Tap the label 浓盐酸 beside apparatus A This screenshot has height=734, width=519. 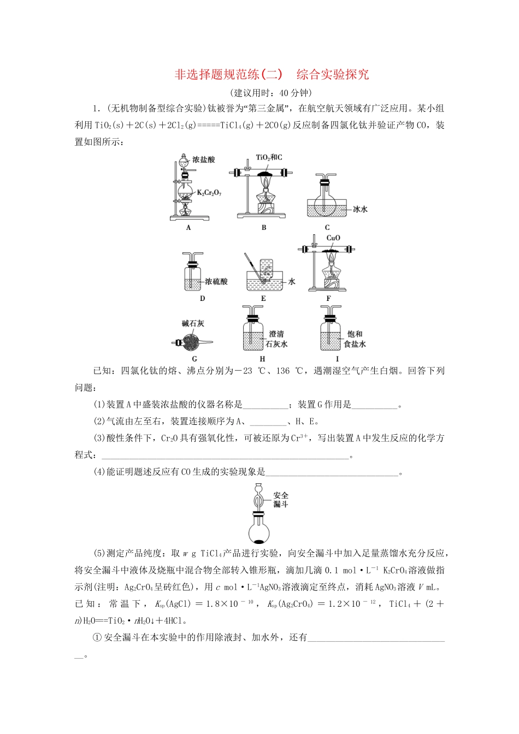[x=204, y=159]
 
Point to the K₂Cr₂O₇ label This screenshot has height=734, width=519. [x=209, y=192]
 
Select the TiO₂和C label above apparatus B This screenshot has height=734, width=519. [x=269, y=157]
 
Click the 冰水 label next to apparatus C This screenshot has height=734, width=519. [x=359, y=209]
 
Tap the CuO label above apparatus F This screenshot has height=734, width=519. [x=333, y=238]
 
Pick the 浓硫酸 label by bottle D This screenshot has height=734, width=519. [x=216, y=282]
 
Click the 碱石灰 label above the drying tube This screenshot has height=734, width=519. [x=193, y=323]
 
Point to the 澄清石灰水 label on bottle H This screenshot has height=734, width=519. [x=276, y=339]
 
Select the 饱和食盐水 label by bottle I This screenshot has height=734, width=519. [x=355, y=339]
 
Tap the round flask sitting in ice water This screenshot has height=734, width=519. [x=327, y=199]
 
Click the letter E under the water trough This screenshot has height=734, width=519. [x=263, y=299]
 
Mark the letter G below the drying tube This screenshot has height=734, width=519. [x=194, y=359]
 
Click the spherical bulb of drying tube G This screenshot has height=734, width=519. [x=192, y=342]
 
